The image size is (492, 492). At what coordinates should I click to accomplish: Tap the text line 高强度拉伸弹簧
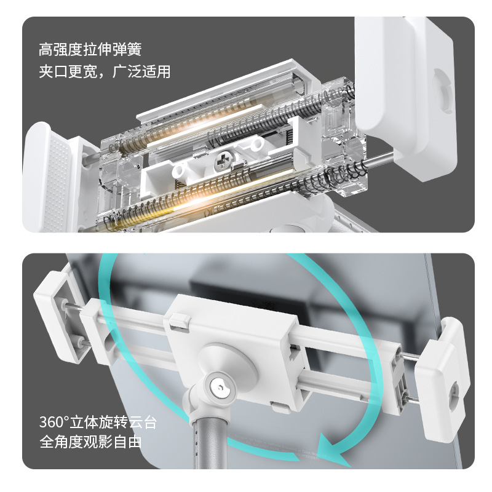tap(90, 49)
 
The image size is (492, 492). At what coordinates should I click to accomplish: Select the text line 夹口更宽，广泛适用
tap(105, 71)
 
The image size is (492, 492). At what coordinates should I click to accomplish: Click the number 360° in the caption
tap(54, 423)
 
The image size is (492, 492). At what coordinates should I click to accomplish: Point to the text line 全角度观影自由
tap(90, 442)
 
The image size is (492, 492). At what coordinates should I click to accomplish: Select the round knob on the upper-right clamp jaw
tap(442, 91)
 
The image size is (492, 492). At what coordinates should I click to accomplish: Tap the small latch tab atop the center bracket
tap(180, 322)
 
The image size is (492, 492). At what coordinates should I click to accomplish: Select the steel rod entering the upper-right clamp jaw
tap(379, 161)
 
